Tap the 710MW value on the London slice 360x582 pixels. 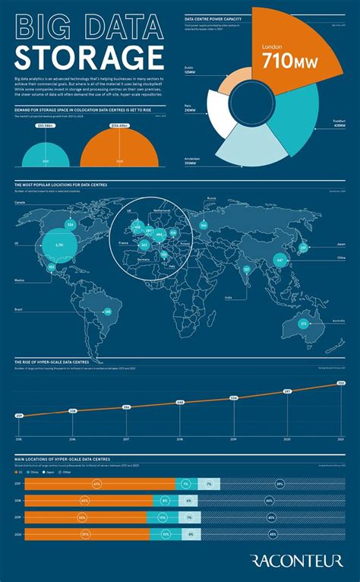[279, 61]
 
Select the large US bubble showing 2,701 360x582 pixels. [59, 245]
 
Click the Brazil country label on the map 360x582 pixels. [17, 310]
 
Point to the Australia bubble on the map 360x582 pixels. [303, 324]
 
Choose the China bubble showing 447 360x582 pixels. [279, 260]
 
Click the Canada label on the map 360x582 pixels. [20, 203]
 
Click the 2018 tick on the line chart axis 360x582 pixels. [180, 439]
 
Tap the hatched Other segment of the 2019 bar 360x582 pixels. [271, 517]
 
